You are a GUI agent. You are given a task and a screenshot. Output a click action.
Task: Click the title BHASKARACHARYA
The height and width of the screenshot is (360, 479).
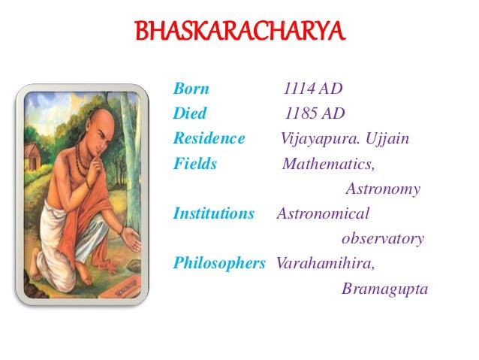click(x=239, y=33)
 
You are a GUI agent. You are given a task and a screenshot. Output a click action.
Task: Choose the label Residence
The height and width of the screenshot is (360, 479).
click(x=209, y=139)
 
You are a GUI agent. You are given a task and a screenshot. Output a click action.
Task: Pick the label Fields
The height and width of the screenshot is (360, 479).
click(x=194, y=164)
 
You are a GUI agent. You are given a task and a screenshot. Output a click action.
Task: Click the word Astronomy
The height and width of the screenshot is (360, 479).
click(x=382, y=189)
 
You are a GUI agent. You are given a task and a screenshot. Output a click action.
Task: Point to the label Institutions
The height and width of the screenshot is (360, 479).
click(x=214, y=213)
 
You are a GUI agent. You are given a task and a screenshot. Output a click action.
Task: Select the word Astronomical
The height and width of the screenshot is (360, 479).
click(x=324, y=214)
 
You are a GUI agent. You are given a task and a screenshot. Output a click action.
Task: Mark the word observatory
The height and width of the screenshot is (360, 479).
click(x=382, y=239)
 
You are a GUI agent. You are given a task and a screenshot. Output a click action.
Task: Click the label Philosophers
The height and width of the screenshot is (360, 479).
click(x=219, y=264)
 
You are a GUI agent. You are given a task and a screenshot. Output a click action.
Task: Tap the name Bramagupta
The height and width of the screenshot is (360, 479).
click(x=384, y=289)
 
